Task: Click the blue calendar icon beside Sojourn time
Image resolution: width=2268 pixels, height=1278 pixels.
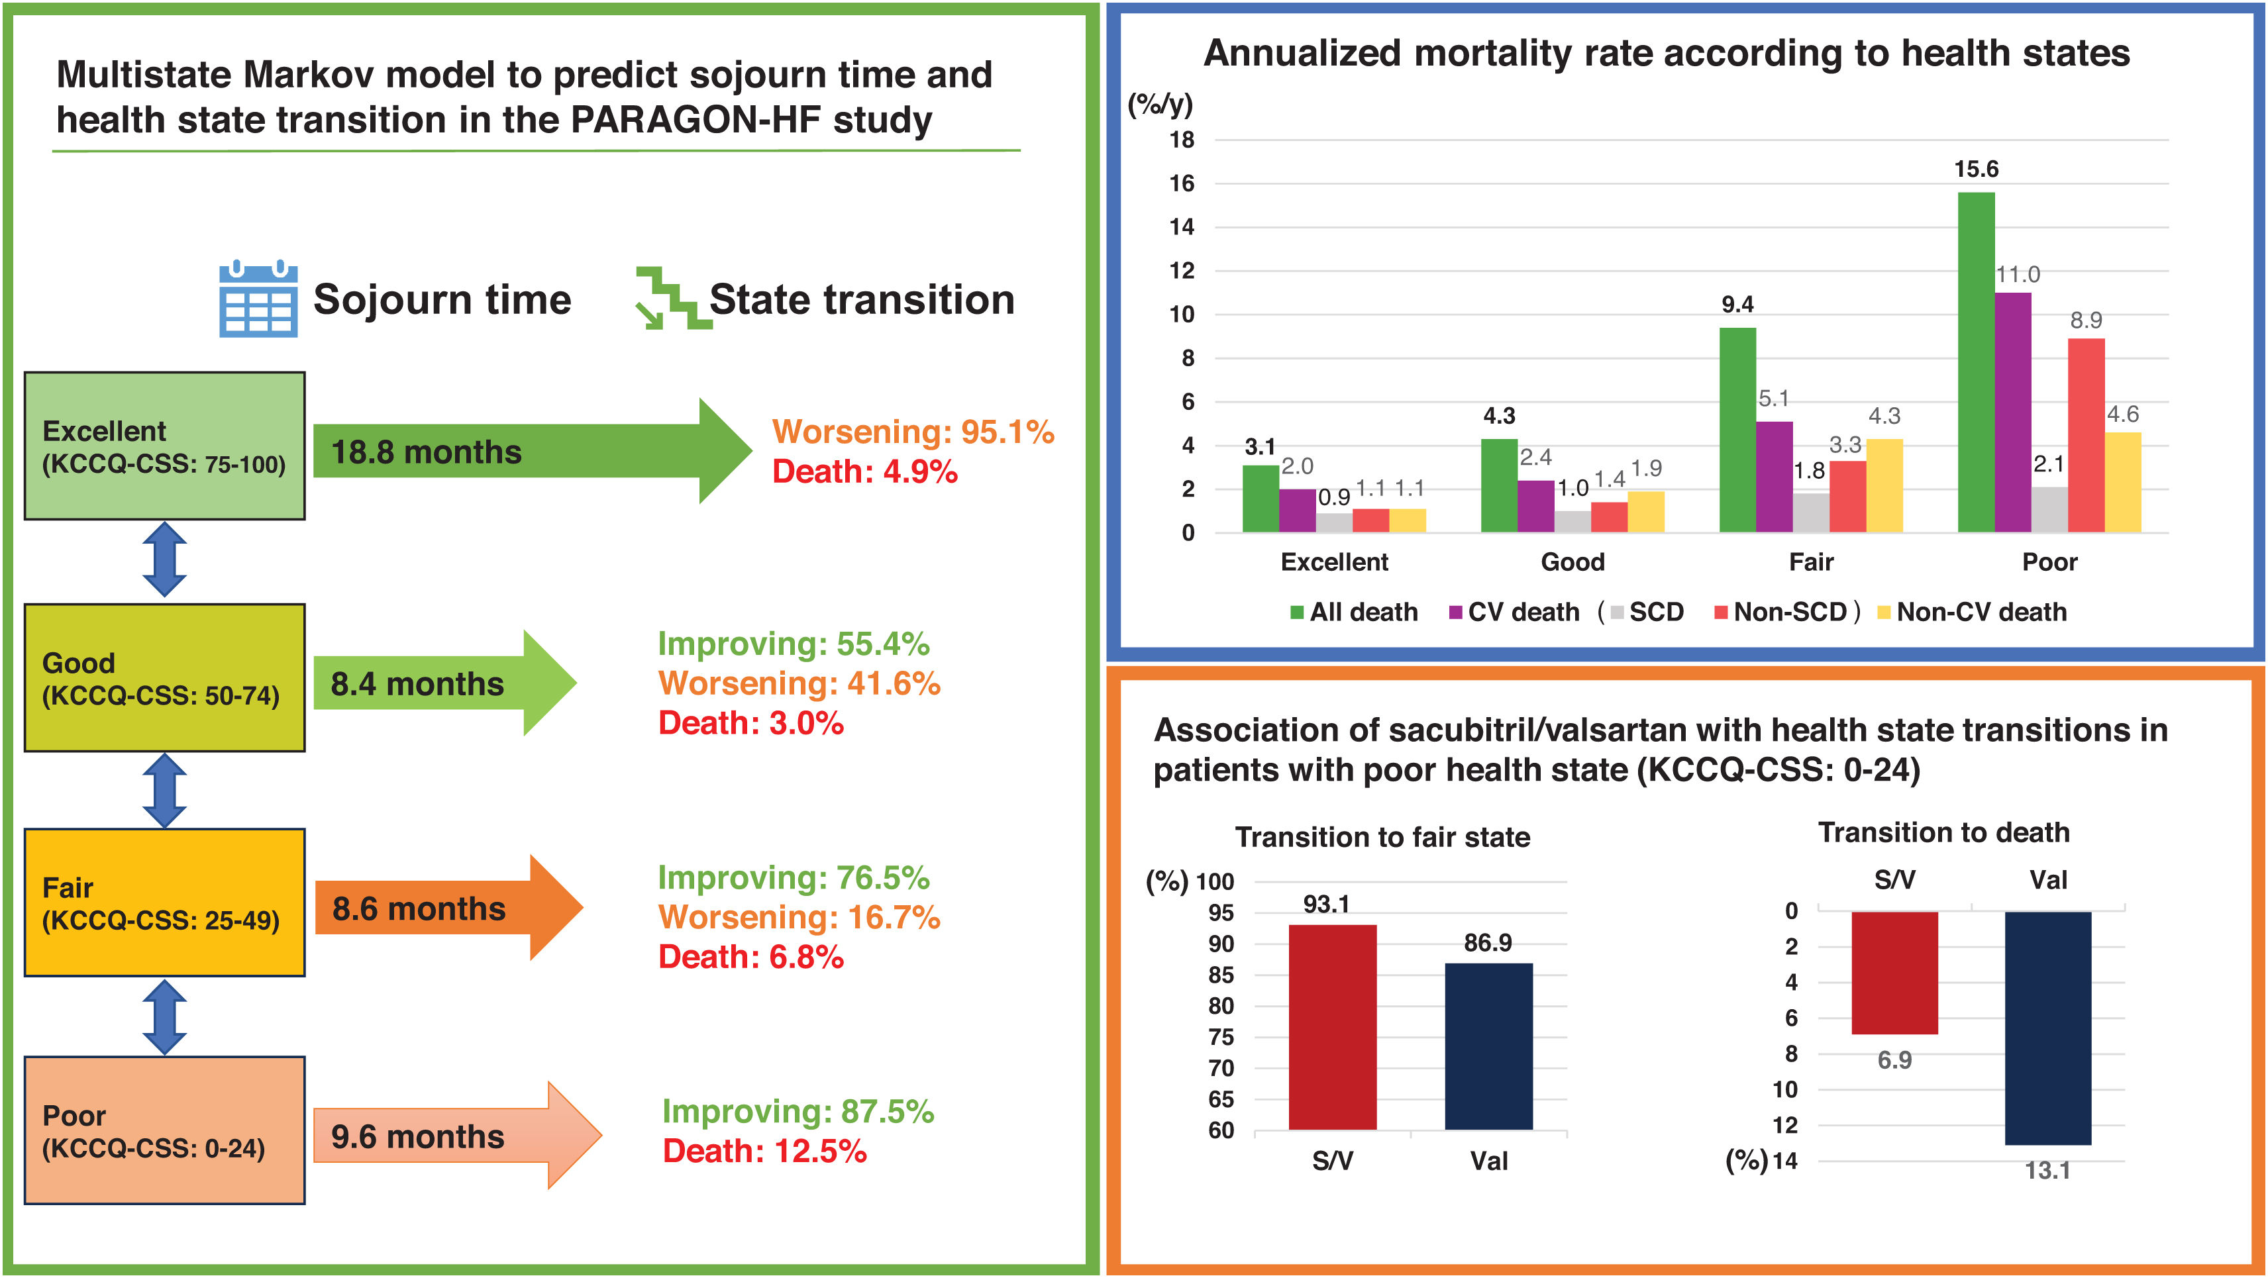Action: click(x=258, y=299)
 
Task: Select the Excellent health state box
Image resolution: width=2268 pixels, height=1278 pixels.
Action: click(x=165, y=446)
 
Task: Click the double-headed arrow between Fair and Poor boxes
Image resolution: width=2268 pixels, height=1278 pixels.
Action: click(x=165, y=1018)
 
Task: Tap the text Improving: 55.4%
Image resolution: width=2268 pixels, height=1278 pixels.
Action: click(x=794, y=644)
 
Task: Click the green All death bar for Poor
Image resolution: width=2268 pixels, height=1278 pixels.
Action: click(x=1976, y=363)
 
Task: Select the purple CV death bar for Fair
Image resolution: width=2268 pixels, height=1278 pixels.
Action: click(x=1774, y=477)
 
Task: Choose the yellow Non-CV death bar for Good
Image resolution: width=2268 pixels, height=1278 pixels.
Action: click(x=1645, y=513)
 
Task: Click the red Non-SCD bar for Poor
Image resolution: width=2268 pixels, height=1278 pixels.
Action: click(x=2086, y=436)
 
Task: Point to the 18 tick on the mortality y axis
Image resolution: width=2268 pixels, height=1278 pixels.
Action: click(x=1182, y=140)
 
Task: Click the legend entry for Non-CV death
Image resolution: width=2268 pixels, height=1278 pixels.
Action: click(x=1972, y=612)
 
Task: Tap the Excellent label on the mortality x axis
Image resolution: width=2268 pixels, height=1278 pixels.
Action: click(x=1334, y=562)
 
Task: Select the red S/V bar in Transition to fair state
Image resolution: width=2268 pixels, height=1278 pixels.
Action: click(x=1332, y=1027)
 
